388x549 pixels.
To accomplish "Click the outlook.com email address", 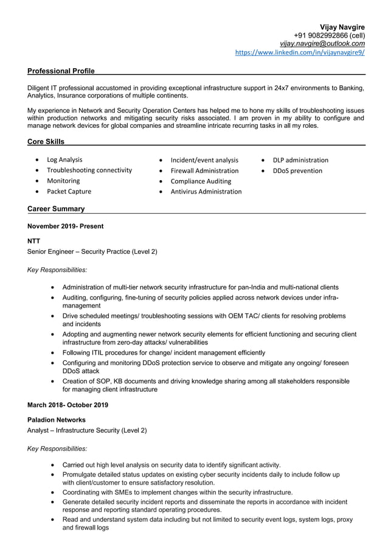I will (x=322, y=44).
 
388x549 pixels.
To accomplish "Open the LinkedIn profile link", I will (x=300, y=53).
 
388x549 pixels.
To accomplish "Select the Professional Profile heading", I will (x=61, y=71).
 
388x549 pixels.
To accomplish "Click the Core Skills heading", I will (x=46, y=142).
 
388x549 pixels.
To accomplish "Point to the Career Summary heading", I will (x=56, y=209).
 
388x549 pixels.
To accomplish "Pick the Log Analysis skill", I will (x=64, y=160).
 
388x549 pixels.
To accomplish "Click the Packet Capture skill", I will (x=69, y=191).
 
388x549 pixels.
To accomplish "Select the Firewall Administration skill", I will (x=204, y=170).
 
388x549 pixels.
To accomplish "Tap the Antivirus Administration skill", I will (x=206, y=191).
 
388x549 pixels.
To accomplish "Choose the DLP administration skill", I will (x=300, y=160).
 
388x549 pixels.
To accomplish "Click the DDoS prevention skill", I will (x=297, y=170).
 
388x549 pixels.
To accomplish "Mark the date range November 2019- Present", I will (x=65, y=226).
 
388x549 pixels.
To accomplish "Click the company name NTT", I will (x=34, y=241).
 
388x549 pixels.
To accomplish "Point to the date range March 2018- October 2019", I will (x=68, y=405).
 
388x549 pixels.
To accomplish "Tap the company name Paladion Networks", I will (x=57, y=420).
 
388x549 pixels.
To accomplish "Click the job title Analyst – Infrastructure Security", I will (x=87, y=430).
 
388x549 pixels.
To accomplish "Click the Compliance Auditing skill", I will (x=201, y=181).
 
